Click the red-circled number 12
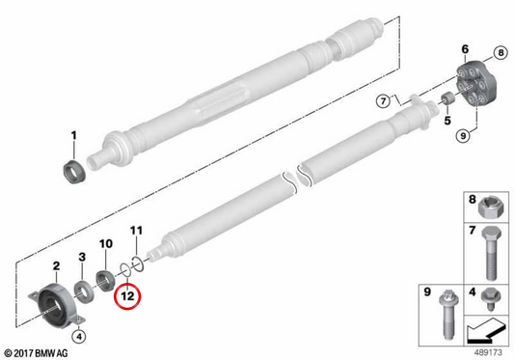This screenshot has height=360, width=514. [127, 296]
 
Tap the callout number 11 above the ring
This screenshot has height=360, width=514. [136, 231]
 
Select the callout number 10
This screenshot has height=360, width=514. [106, 243]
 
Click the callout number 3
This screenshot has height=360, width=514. [82, 257]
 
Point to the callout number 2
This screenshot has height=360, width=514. [56, 265]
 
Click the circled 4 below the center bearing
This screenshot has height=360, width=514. [79, 336]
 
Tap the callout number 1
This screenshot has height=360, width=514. [73, 135]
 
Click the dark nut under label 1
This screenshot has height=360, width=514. [74, 171]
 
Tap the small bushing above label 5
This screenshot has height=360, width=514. [446, 98]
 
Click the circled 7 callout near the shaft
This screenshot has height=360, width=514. [383, 100]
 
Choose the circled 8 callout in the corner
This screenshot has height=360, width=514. [500, 52]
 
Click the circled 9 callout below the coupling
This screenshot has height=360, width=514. [463, 135]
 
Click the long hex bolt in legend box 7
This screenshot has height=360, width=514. [491, 253]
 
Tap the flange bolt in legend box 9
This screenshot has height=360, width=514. [448, 315]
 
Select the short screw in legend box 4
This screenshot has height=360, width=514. [490, 298]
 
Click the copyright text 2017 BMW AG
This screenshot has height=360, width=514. [36, 353]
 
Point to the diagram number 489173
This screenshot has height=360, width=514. [488, 352]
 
